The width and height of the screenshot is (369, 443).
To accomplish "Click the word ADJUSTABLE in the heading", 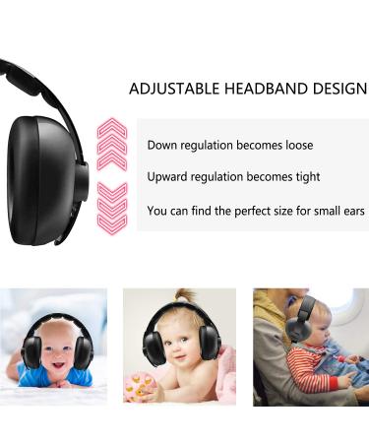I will coord(174,89).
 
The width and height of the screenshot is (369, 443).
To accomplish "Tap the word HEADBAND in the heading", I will coord(266,89).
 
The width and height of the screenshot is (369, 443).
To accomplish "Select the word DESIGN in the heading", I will coord(340,89).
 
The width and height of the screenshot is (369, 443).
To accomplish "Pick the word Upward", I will coord(169,177).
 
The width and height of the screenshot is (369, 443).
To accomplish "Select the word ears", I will coord(352,211).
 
